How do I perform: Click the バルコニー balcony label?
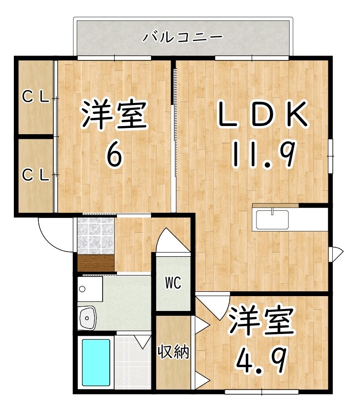(x=182, y=36)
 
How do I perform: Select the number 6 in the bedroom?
(x=114, y=154)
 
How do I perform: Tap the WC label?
(x=173, y=284)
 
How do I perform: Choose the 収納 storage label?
(x=174, y=352)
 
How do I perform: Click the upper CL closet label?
(x=36, y=98)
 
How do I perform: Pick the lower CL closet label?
(x=36, y=175)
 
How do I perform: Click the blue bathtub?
(x=96, y=362)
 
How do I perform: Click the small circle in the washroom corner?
(x=82, y=289)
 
